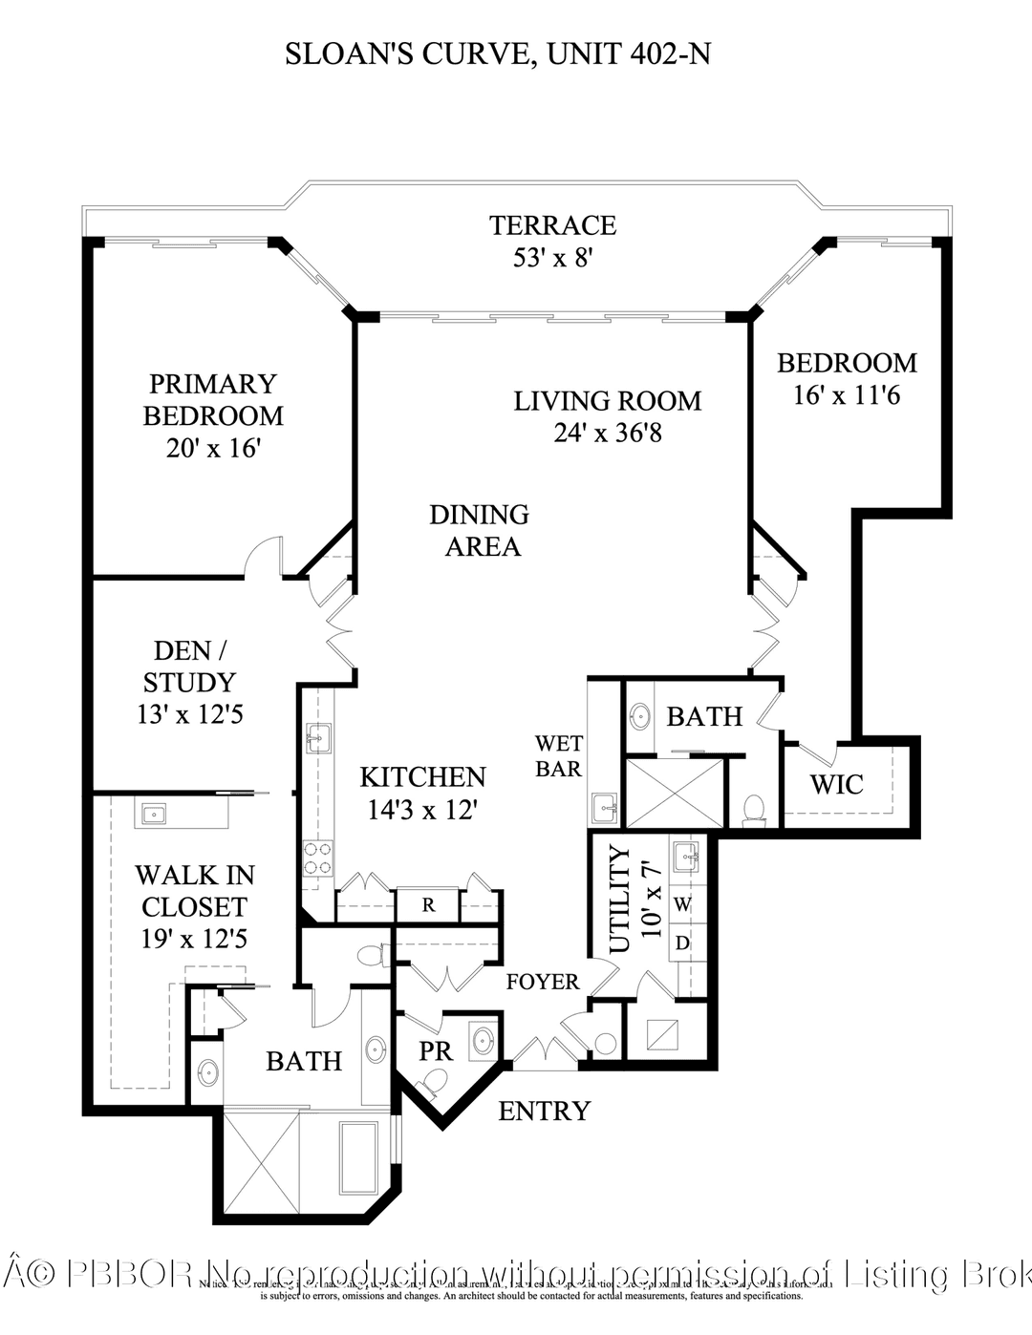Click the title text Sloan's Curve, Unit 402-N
497,54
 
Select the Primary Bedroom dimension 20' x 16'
213,448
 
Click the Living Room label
607,401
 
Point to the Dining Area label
480,531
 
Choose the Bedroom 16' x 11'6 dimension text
846,395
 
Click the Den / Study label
189,667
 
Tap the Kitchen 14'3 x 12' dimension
422,811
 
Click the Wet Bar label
558,755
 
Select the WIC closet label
836,785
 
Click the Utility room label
620,899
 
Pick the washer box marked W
682,903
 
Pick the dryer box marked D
682,943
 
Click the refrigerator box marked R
428,905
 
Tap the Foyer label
542,982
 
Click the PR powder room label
436,1051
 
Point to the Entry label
544,1111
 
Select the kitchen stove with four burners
317,858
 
